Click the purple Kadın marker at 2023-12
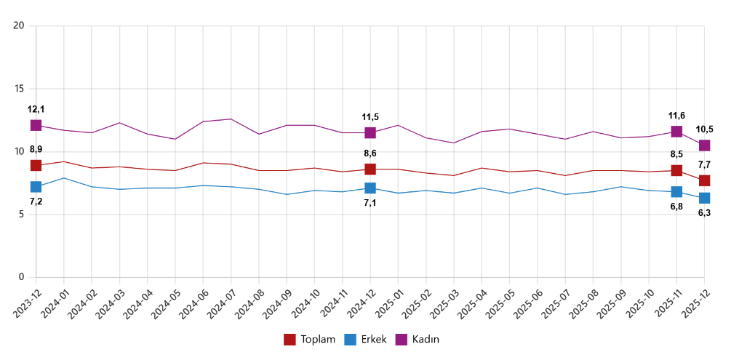(x=36, y=125)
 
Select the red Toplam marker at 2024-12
(x=370, y=169)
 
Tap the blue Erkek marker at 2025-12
(x=705, y=198)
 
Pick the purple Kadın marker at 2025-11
(x=677, y=132)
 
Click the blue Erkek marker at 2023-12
(x=36, y=187)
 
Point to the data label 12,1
(x=36, y=109)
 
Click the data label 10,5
(x=705, y=129)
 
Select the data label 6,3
(x=705, y=213)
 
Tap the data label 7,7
(x=705, y=164)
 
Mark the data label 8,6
(x=370, y=153)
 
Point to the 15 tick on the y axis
(x=20, y=89)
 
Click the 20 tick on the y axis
(x=20, y=26)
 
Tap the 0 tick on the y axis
(x=22, y=277)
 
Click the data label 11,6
(x=677, y=116)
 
